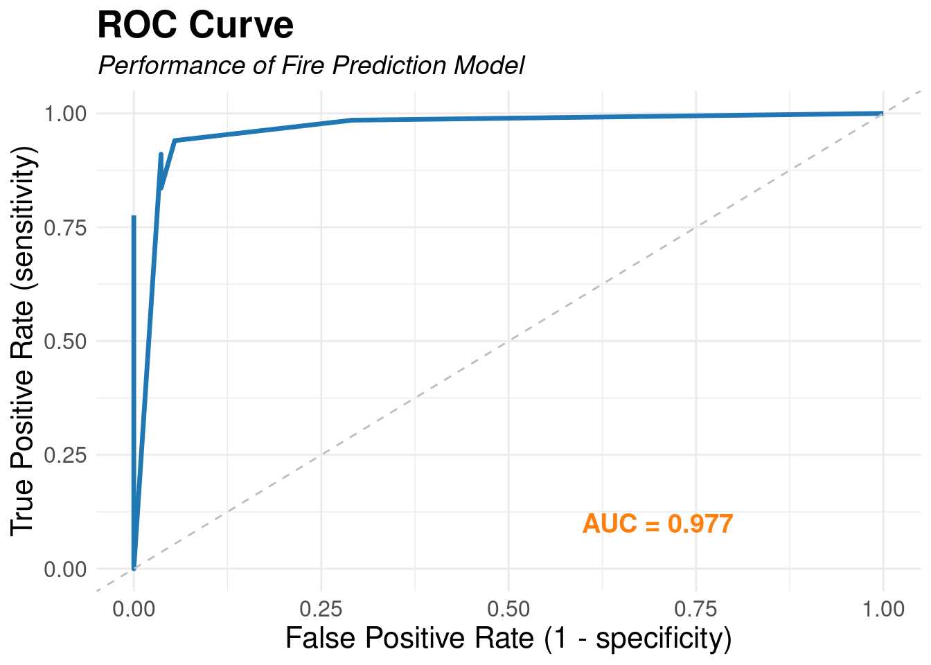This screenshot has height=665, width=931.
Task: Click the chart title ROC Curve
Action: coord(195,26)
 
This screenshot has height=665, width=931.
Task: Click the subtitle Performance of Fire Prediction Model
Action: coord(311,65)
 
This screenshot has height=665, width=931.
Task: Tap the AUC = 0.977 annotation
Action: coord(657,524)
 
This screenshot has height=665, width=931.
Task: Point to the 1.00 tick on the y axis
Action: coord(66,114)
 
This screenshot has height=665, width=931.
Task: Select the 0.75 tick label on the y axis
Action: coord(66,227)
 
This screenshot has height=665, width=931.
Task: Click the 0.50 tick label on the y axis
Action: coord(66,342)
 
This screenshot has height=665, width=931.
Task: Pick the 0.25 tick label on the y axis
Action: coord(66,455)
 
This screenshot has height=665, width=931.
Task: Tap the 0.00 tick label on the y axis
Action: coord(66,569)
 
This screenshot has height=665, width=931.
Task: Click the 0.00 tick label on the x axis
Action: coord(134,609)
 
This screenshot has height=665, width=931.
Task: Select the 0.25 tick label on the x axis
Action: coord(321,609)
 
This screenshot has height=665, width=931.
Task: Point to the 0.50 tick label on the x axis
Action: coord(508,609)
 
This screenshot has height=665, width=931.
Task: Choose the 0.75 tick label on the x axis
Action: coord(696,609)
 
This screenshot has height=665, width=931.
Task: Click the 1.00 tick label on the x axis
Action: coord(883,609)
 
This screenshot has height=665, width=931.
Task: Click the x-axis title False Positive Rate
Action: coord(508,638)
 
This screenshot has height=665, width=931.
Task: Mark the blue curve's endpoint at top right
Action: coord(882,113)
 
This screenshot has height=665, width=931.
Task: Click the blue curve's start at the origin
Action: coord(134,568)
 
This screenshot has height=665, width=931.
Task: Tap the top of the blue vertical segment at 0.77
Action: coord(134,218)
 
